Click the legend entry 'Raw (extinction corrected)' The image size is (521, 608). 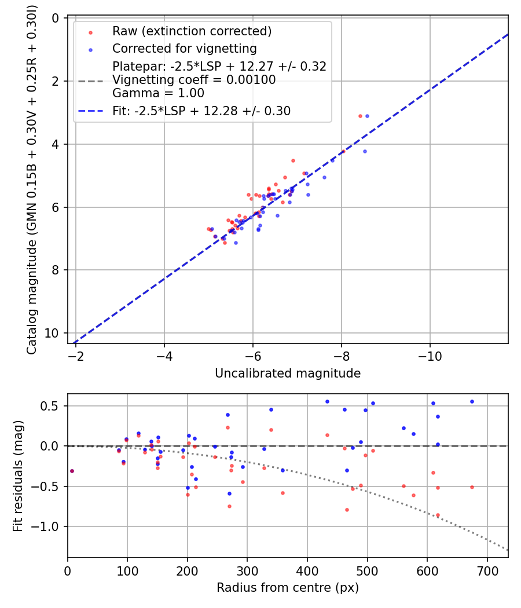point(192,31)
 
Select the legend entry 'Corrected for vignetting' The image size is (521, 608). point(185,48)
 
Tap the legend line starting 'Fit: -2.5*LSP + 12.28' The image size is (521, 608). point(201,111)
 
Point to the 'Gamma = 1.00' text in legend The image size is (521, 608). point(158,93)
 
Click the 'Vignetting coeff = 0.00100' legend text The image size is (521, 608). point(194,80)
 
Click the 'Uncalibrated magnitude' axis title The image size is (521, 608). point(288,373)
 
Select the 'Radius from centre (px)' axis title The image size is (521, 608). point(288,588)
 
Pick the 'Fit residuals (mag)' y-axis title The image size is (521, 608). point(17,475)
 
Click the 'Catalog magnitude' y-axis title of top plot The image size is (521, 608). point(32,180)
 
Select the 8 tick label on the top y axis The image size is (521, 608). point(56,270)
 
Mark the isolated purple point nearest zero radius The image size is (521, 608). point(72,471)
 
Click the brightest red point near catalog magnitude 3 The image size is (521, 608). point(360,116)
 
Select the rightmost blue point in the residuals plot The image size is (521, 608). point(472,401)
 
